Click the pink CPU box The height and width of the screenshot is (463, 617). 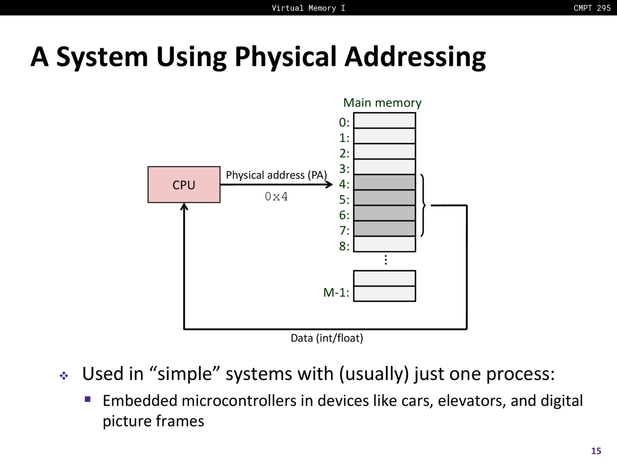(184, 185)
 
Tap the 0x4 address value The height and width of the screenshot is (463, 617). (276, 197)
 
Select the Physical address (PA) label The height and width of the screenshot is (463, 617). (276, 175)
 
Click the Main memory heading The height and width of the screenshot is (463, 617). (382, 103)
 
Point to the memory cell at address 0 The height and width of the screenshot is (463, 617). (384, 121)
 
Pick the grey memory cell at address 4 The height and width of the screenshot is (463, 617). (384, 182)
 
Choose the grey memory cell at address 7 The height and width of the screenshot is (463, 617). (384, 229)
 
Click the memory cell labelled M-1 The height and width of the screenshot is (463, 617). (384, 294)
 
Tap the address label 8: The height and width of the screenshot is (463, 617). (344, 246)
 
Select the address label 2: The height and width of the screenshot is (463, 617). (344, 153)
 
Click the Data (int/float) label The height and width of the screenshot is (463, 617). (327, 338)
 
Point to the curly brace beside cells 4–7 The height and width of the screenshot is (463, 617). (423, 206)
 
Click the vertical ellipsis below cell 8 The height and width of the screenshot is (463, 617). (386, 260)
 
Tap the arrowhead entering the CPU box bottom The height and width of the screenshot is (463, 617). (184, 207)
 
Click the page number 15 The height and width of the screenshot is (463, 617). (596, 451)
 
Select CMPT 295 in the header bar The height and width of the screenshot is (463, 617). (592, 8)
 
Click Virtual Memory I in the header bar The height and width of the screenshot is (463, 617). (308, 8)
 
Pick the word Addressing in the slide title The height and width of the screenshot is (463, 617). (415, 57)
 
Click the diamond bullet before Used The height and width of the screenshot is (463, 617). (64, 375)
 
